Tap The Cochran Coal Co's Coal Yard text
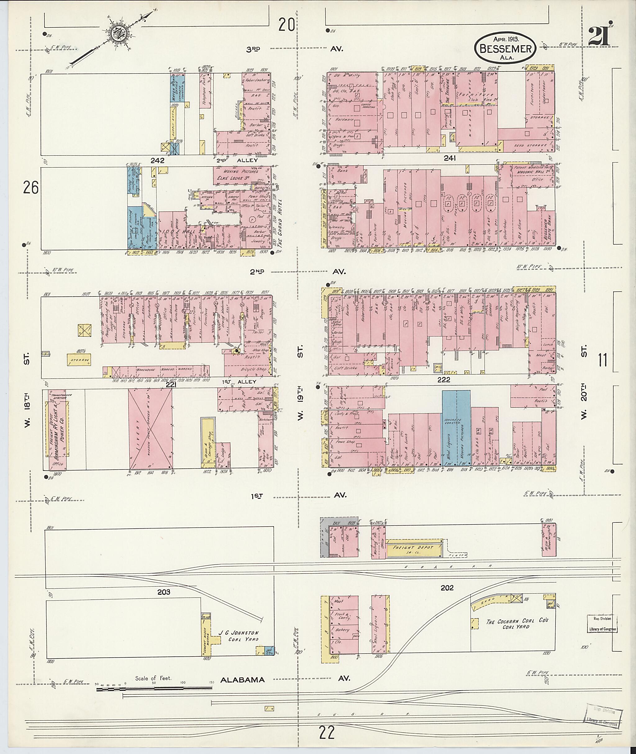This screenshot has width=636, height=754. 517,623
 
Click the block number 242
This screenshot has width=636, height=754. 157,160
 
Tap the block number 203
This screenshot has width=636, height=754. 163,592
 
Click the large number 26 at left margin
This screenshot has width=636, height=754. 30,188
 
